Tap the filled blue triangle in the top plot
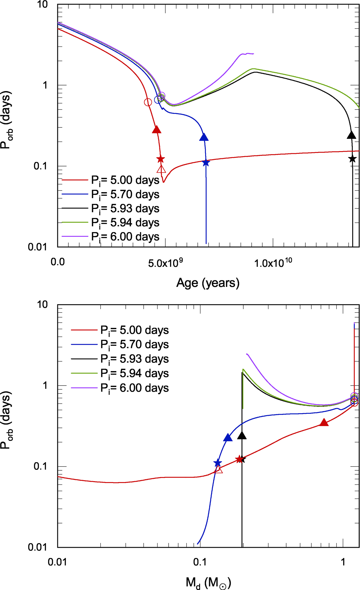click(x=204, y=137)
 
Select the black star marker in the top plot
click(x=352, y=159)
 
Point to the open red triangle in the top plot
click(x=161, y=169)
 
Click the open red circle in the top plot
click(x=148, y=102)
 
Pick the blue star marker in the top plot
click(x=206, y=163)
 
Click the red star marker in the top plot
click(x=160, y=159)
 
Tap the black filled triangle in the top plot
click(x=352, y=135)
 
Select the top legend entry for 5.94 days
click(x=125, y=222)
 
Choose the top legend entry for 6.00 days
click(x=125, y=237)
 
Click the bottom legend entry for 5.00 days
click(x=134, y=330)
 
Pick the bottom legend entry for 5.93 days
click(x=134, y=359)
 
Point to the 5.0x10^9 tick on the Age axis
click(x=165, y=263)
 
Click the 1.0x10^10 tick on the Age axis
click(x=273, y=263)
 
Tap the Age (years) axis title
click(x=208, y=283)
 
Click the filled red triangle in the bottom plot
click(x=324, y=423)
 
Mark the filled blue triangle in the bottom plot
click(x=228, y=438)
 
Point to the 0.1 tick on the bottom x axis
click(x=200, y=562)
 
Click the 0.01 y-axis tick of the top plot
click(x=38, y=247)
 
